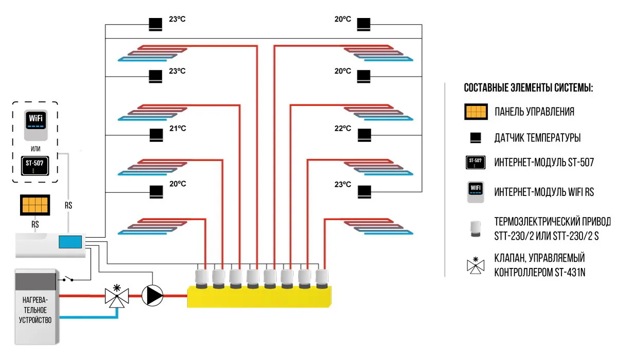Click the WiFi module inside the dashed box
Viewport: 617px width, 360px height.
pos(36,125)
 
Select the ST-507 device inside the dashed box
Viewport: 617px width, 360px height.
pos(35,166)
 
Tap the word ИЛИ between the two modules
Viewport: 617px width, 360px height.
pos(35,149)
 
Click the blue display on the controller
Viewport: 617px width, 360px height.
pos(70,242)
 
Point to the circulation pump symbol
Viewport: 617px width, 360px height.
pos(152,296)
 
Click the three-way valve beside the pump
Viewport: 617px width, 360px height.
pos(117,296)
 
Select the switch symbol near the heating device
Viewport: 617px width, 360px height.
pos(68,279)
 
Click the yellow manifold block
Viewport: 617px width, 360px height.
pos(259,297)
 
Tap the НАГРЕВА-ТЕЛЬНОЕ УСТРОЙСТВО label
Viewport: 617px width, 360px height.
pos(35,310)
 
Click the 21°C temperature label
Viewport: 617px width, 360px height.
pos(178,129)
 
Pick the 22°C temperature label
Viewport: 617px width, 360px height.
pos(342,129)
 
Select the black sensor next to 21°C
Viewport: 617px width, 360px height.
pos(156,135)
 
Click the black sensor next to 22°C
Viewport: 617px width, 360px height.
pos(365,135)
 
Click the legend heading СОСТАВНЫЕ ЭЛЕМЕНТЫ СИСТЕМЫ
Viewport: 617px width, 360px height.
pos(529,88)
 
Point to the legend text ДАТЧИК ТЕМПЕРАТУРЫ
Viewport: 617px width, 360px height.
pos(537,138)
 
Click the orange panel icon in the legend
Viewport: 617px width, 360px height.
pos(476,112)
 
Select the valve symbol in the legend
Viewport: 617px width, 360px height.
pos(476,265)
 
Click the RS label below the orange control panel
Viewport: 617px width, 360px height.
pos(35,224)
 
